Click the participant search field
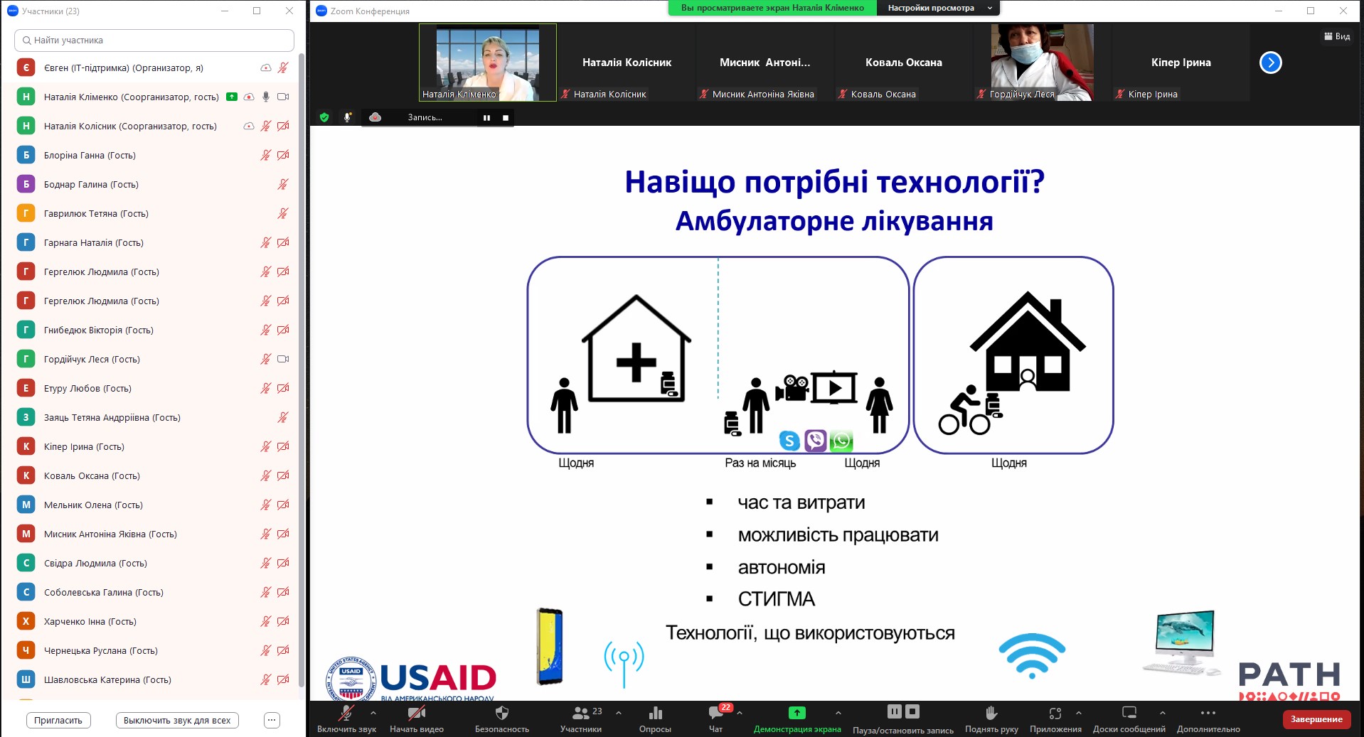tap(154, 41)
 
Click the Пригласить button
tap(58, 720)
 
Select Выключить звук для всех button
tap(177, 720)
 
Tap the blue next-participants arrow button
tap(1270, 63)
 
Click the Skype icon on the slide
tap(789, 441)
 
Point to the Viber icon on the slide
tap(816, 441)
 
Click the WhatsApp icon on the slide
tap(841, 441)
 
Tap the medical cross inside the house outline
tap(636, 362)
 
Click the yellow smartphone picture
tap(550, 646)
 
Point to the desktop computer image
tap(1181, 642)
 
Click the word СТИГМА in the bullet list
tap(776, 599)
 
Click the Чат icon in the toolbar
tap(715, 713)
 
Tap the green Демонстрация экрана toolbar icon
tap(797, 712)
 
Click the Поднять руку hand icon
tap(991, 712)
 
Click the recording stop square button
tap(506, 118)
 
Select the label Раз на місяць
tap(760, 463)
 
